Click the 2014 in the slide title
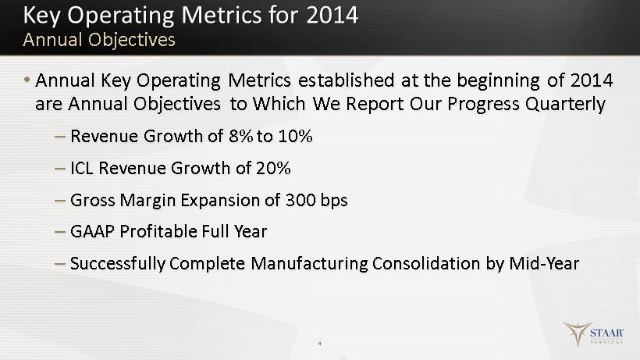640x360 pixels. click(x=332, y=15)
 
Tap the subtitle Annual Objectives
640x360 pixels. click(x=99, y=40)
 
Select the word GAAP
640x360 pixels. click(x=92, y=231)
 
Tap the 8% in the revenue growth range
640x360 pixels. click(x=241, y=136)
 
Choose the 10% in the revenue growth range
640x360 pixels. click(x=295, y=136)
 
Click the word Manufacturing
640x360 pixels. click(x=309, y=264)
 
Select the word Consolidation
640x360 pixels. click(x=426, y=263)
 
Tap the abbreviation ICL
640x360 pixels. click(x=82, y=168)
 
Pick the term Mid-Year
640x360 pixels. click(x=544, y=263)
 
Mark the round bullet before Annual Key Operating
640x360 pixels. click(x=27, y=79)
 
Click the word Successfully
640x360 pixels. click(x=118, y=264)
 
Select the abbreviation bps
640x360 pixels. click(x=334, y=201)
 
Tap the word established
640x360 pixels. click(x=346, y=80)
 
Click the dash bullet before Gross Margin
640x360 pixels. click(x=59, y=201)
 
